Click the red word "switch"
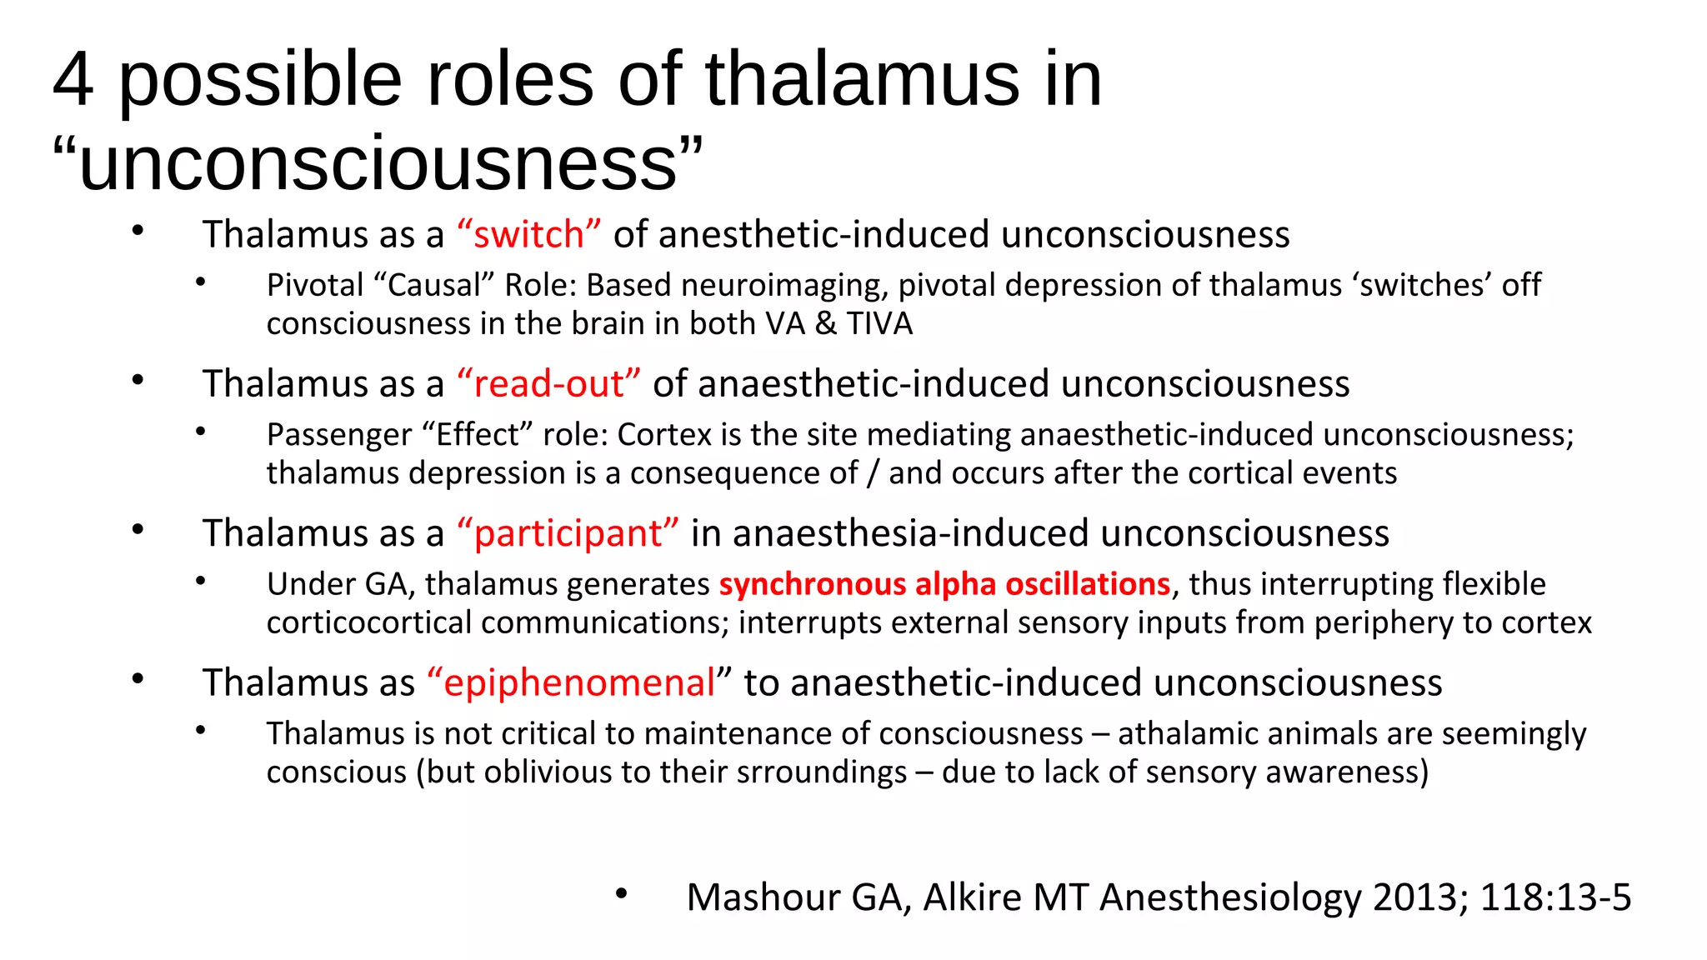tap(528, 235)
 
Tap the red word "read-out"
tap(548, 384)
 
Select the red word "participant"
tap(568, 533)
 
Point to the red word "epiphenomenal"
tap(578, 682)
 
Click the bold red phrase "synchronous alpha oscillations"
tap(944, 584)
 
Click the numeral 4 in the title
tap(73, 79)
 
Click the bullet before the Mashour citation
tap(621, 894)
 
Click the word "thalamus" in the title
tap(863, 79)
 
